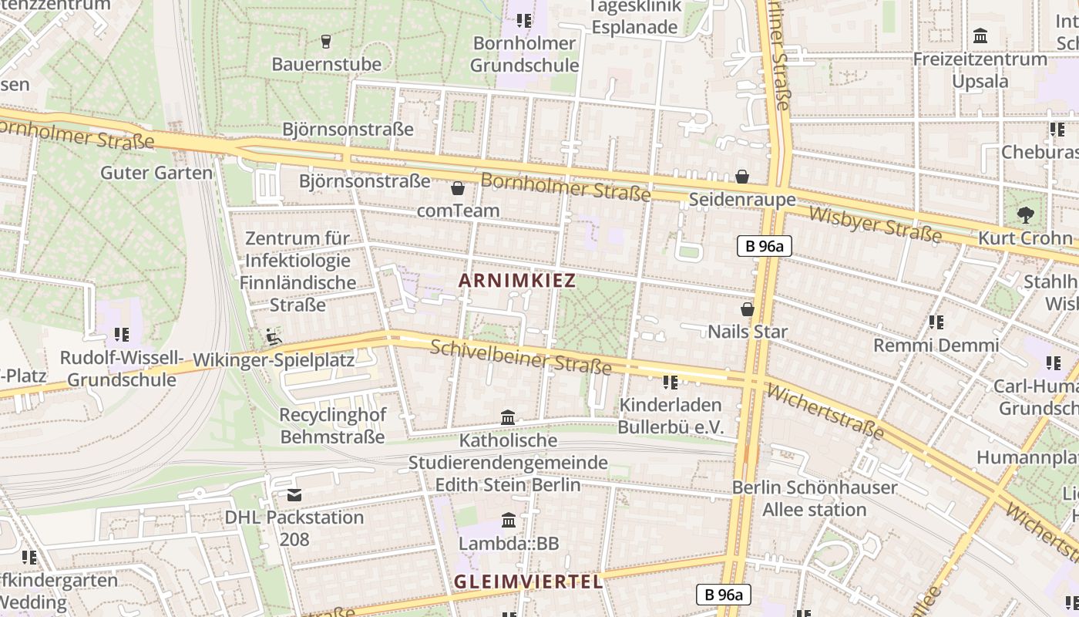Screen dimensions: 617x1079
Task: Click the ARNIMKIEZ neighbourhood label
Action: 517,281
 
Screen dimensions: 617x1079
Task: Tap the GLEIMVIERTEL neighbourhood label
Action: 529,582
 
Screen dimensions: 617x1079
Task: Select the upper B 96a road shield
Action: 764,246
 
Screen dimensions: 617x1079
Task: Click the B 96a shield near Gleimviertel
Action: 723,595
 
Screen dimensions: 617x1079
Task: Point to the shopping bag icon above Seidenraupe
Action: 742,177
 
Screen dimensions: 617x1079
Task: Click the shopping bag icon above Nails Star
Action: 747,309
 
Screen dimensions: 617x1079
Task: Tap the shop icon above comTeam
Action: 458,188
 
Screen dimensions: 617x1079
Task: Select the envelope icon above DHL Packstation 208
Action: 294,495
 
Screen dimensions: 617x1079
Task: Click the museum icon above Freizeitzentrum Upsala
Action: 980,36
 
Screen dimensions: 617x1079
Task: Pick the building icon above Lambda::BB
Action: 509,521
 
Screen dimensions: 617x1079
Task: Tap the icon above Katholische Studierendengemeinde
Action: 508,418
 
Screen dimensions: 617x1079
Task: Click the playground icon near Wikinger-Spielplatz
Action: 273,336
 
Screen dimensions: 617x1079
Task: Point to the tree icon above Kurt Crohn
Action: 1025,215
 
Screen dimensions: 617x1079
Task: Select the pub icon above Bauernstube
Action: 326,41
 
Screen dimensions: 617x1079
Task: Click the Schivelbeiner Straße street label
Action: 521,357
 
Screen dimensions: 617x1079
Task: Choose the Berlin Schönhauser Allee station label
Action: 815,498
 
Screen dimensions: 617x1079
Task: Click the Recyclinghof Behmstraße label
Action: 332,426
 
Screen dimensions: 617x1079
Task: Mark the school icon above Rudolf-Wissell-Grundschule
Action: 121,335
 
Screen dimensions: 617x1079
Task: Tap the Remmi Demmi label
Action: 936,345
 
